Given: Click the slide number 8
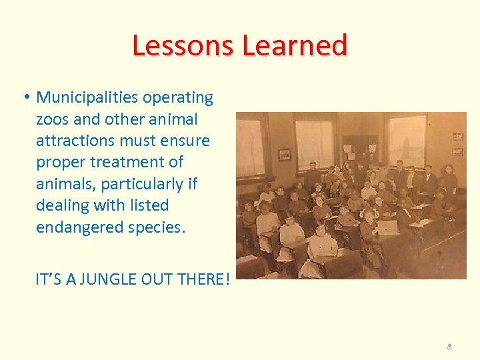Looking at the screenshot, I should pyautogui.click(x=449, y=347).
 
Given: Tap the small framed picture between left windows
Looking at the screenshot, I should pyautogui.click(x=285, y=154).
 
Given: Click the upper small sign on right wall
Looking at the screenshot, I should pyautogui.click(x=457, y=136).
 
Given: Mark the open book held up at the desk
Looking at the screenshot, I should pyautogui.click(x=387, y=227).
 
